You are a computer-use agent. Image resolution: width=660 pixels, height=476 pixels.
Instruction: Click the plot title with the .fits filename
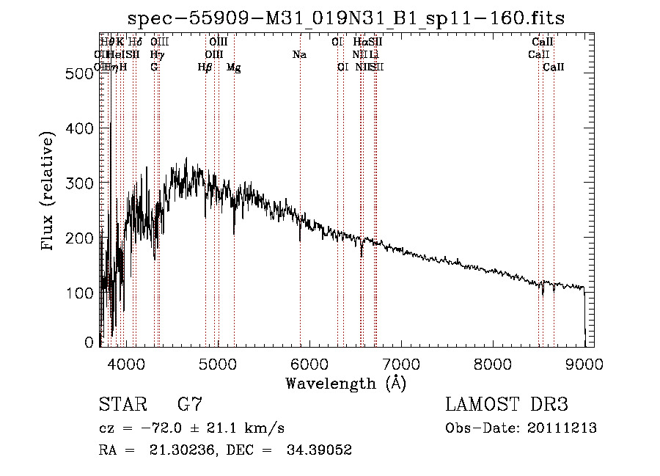pos(346,19)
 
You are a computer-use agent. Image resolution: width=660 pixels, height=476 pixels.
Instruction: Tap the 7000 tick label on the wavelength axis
pos(400,363)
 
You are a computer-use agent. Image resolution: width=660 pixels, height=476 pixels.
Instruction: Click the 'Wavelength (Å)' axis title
pos(345,383)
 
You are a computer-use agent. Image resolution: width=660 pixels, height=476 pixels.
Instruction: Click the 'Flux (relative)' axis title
pos(48,192)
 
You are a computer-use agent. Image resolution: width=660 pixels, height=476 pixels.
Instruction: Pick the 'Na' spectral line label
pos(299,54)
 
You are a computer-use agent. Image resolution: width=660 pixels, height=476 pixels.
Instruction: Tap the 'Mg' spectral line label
pos(234,67)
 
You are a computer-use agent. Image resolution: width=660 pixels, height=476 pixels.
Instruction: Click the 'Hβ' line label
pos(205,67)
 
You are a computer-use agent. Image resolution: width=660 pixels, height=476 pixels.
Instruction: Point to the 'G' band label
pos(154,67)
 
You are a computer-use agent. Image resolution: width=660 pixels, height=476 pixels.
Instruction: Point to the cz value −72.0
pos(172,428)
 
